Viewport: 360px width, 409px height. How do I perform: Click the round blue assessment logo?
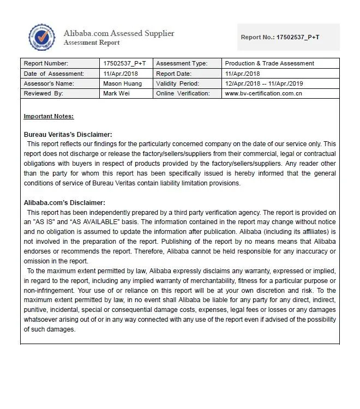(x=42, y=38)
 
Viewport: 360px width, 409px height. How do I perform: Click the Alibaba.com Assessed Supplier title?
(x=119, y=33)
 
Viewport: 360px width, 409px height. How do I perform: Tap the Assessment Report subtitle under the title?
(x=91, y=43)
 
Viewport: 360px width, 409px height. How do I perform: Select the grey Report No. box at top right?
(x=288, y=37)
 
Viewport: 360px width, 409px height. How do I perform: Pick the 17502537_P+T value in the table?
(x=124, y=63)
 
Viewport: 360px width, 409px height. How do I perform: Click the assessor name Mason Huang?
(x=122, y=83)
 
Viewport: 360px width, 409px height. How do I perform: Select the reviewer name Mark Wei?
(x=117, y=94)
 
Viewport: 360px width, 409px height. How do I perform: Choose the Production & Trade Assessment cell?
(x=269, y=63)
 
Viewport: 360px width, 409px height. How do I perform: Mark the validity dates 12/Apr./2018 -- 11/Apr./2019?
(x=264, y=83)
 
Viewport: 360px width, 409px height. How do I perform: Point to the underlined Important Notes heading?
(x=49, y=116)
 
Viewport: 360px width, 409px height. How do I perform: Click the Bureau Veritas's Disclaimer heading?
(x=68, y=134)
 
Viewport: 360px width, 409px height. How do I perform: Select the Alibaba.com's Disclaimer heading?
(x=64, y=203)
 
